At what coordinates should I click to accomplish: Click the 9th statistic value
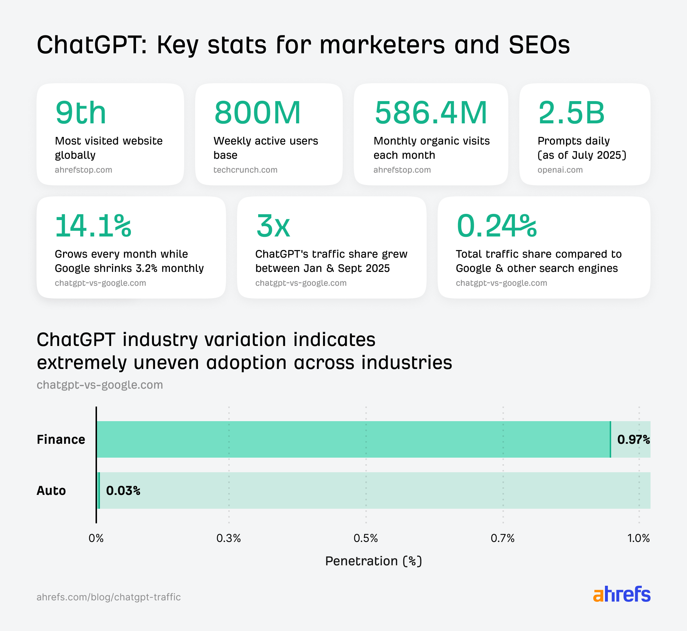click(x=81, y=113)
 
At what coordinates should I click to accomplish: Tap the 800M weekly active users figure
click(x=257, y=113)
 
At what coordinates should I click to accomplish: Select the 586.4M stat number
click(x=431, y=113)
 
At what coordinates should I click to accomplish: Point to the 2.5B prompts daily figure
click(x=571, y=113)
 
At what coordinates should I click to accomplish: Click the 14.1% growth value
click(x=93, y=226)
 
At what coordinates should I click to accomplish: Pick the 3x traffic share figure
click(x=273, y=226)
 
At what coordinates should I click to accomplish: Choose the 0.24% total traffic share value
click(x=497, y=226)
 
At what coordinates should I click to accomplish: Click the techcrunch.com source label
click(x=245, y=170)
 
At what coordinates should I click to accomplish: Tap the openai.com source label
click(x=560, y=170)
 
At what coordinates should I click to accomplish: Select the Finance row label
click(x=61, y=439)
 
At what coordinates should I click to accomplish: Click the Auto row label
click(x=51, y=490)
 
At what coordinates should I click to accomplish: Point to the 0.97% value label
click(x=633, y=439)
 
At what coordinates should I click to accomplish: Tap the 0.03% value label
click(x=123, y=490)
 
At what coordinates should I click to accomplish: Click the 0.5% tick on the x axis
click(x=365, y=538)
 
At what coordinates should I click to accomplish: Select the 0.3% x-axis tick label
click(x=229, y=538)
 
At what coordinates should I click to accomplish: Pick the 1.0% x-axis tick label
click(x=639, y=538)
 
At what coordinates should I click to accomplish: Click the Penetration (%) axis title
click(x=373, y=561)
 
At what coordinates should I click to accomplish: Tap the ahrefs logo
click(x=621, y=595)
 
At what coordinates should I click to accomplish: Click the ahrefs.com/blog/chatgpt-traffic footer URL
click(x=109, y=597)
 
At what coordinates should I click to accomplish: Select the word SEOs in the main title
click(x=539, y=45)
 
